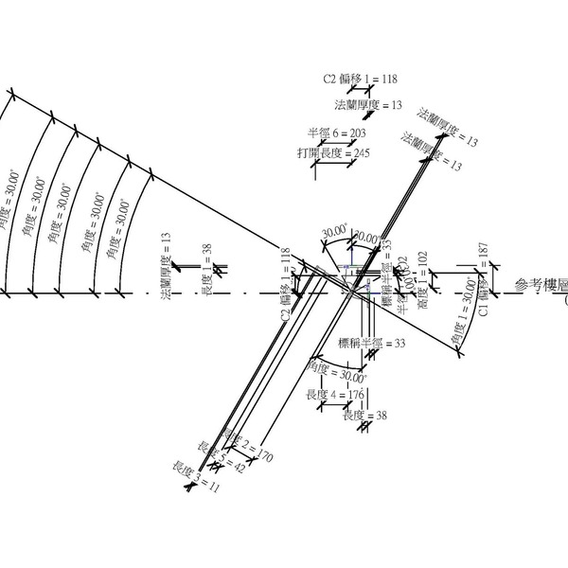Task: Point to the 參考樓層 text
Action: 541,285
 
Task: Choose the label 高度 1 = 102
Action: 424,278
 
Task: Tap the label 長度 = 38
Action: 365,415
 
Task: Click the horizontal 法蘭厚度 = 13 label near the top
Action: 368,104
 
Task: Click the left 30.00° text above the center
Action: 335,231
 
